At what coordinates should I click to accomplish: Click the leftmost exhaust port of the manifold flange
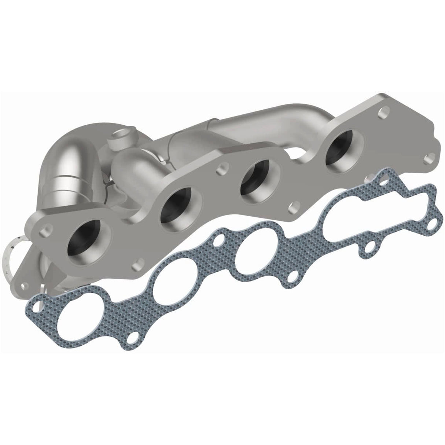(x=87, y=243)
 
